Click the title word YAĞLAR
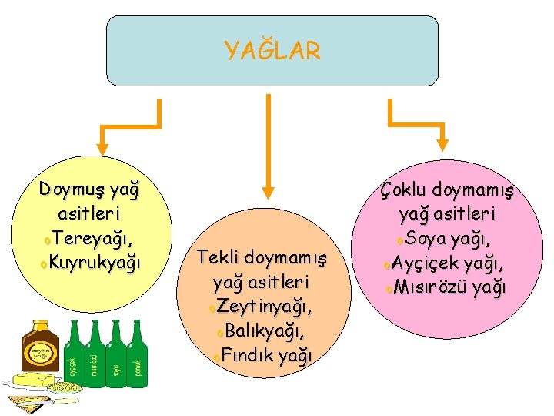(x=272, y=52)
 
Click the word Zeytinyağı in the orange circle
(x=265, y=307)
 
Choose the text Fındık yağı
(x=265, y=356)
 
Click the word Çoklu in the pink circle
(x=404, y=190)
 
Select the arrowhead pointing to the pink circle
(x=444, y=143)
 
